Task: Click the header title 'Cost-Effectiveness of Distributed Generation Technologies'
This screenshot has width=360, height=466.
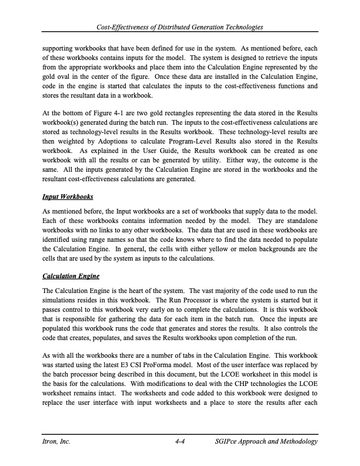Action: click(x=180, y=28)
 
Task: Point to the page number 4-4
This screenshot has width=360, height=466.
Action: click(x=181, y=441)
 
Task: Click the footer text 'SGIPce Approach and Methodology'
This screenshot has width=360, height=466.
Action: click(x=266, y=441)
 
